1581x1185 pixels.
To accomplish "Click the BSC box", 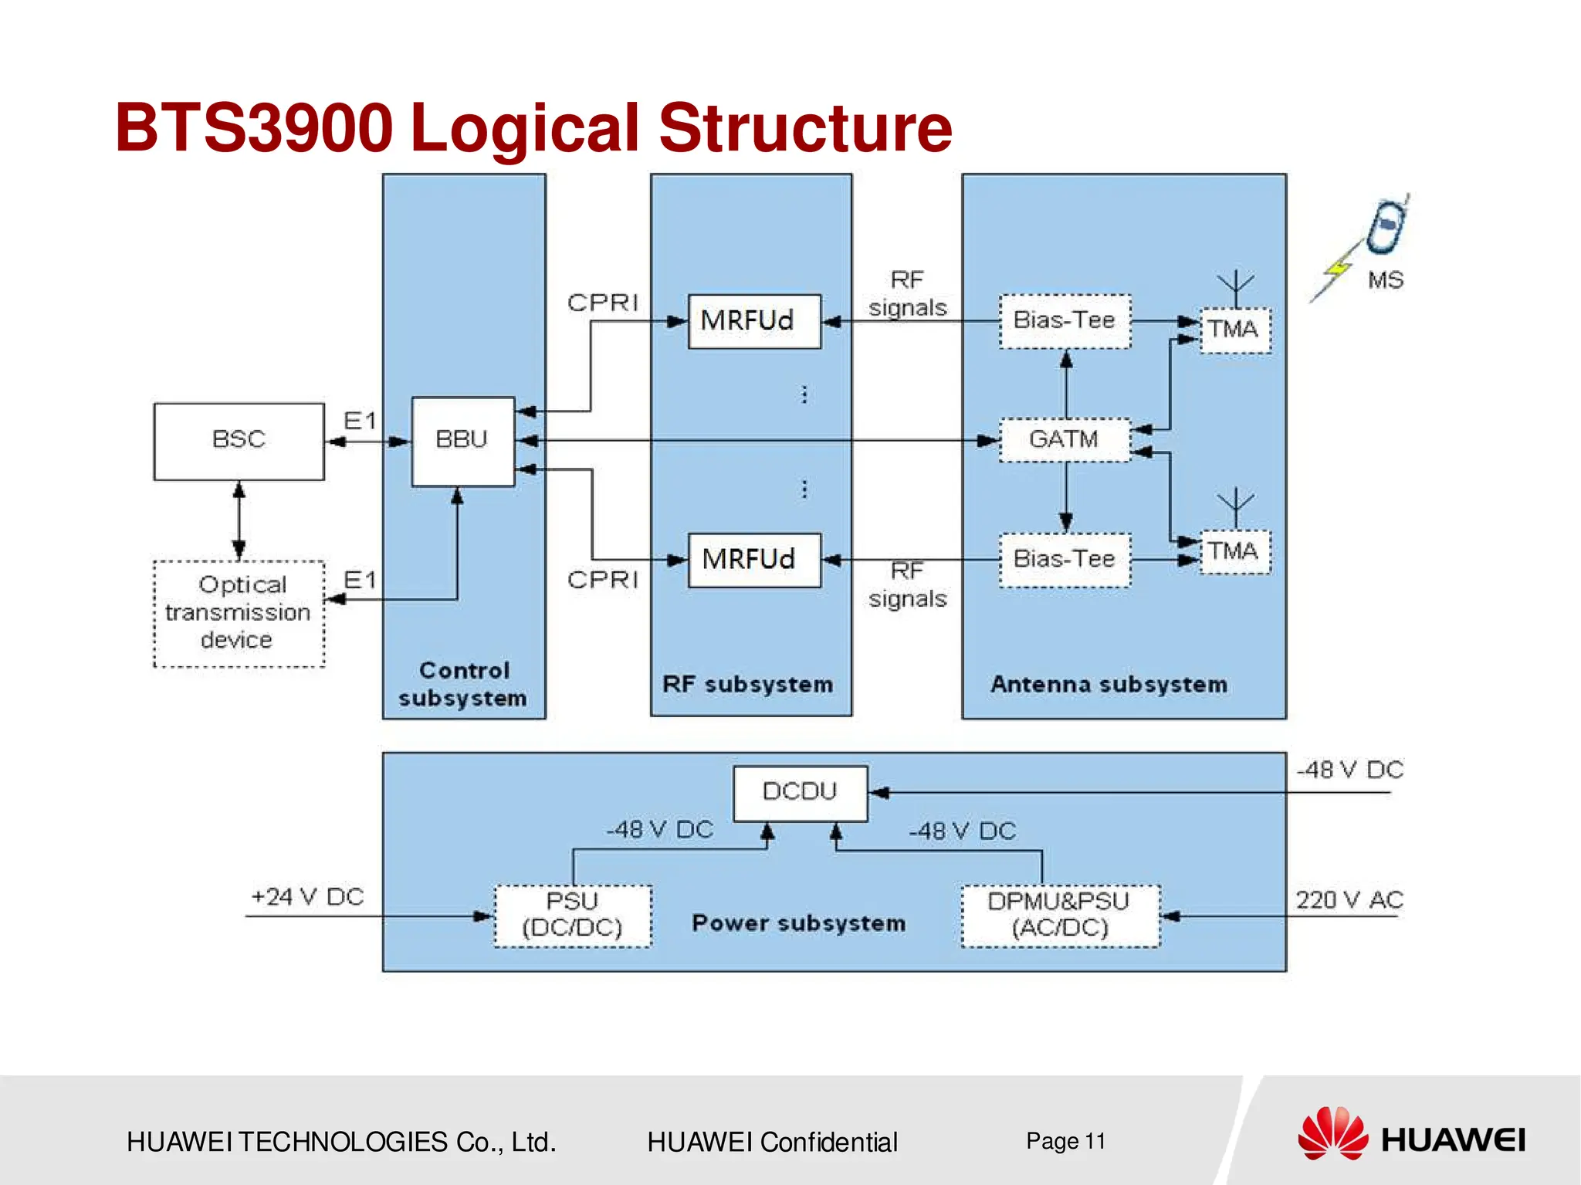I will pos(239,441).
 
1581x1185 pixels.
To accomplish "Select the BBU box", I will pos(462,441).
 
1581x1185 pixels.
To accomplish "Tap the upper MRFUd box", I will pos(754,320).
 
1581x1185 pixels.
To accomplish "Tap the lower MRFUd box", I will pos(754,560).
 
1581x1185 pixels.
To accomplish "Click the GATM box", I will pos(1065,440).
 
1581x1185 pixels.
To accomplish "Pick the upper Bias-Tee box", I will pos(1065,320).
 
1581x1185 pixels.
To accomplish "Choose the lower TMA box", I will pos(1234,551).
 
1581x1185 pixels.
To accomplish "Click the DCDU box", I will pos(800,793).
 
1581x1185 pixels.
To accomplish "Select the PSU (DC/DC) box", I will pos(572,916).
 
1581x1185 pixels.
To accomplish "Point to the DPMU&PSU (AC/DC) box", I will pos(1060,916).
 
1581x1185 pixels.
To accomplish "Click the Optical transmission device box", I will pos(239,613).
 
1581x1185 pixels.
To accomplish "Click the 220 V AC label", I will pos(1349,900).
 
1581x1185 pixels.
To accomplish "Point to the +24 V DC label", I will pos(307,897).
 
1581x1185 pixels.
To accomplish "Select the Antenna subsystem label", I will pos(1109,685).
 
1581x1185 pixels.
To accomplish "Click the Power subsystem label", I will pos(798,923).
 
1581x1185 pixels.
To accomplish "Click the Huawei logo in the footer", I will pos(1410,1135).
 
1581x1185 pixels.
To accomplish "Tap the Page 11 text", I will pos(1065,1141).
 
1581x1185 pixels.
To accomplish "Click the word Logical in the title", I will pos(532,128).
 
